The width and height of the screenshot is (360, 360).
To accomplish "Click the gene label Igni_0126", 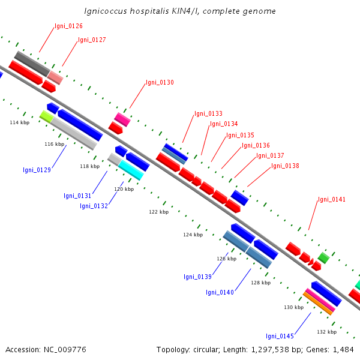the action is tap(68, 26).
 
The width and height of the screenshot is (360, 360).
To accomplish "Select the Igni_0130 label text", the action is tap(160, 82).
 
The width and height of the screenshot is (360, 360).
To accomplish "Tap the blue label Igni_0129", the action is tap(37, 170).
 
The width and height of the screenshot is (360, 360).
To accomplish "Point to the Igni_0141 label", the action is tap(332, 199).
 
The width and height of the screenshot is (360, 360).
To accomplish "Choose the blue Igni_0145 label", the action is tap(280, 336).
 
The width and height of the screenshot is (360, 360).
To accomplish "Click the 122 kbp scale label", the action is tap(158, 212).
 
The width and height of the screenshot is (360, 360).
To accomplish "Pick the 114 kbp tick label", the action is tap(20, 122).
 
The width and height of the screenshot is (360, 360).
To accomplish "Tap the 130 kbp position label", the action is tap(293, 307).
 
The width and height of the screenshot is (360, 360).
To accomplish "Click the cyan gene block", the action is tap(131, 170).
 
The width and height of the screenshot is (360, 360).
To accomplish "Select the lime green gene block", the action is tap(47, 116).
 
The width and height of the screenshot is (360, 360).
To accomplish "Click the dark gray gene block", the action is tap(32, 64).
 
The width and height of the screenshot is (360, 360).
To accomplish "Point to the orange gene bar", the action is tap(318, 303).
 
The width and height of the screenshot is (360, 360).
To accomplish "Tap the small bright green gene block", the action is tap(324, 258).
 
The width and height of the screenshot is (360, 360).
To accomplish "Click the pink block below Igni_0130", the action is tap(122, 119).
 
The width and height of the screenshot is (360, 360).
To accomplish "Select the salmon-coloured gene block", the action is tap(55, 77).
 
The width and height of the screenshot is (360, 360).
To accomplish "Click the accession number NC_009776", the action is tap(65, 349).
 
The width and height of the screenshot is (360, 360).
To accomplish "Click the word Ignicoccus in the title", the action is tap(106, 11).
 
